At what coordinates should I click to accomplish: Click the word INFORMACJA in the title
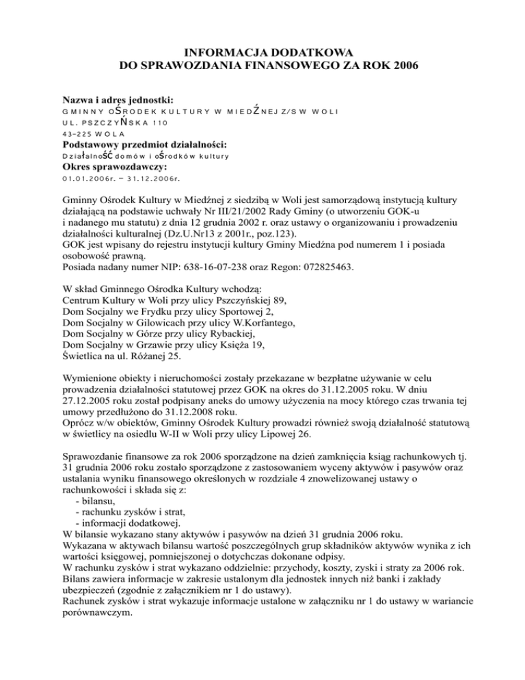pos(217,51)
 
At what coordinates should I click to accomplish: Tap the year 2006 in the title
pos(402,66)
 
